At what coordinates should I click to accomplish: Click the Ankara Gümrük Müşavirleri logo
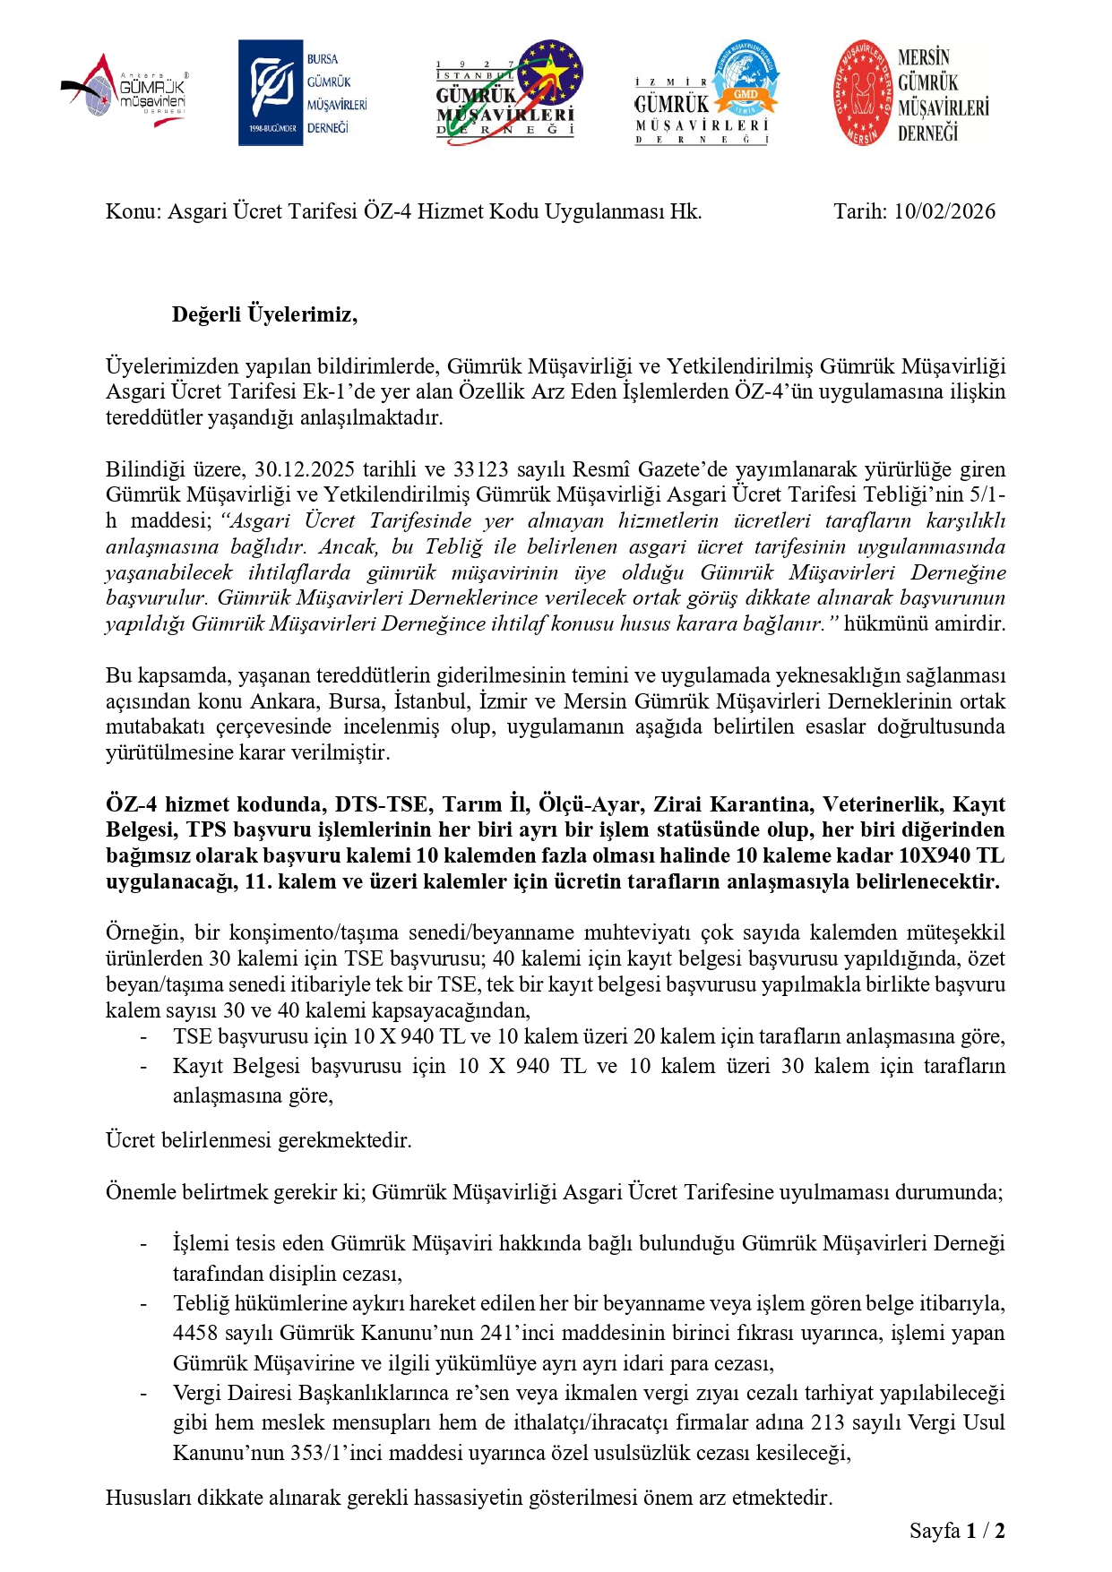[125, 92]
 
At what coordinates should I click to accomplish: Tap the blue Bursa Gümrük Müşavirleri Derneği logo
[303, 92]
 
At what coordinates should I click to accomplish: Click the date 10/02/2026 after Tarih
[944, 211]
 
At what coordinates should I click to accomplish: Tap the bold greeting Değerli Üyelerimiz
[264, 314]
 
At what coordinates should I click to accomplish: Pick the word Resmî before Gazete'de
[602, 469]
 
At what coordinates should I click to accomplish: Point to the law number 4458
[195, 1333]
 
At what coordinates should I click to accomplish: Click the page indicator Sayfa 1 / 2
[956, 1531]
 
